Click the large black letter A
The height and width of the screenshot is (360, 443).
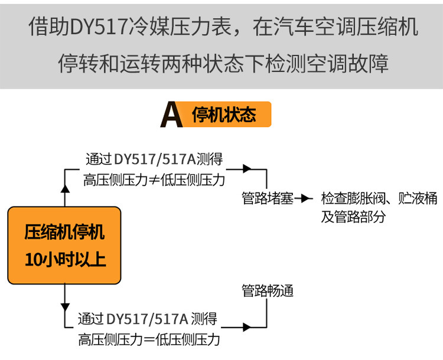coord(171,114)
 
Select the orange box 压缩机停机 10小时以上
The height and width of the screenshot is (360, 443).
coord(64,245)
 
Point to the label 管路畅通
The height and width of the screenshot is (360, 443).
coord(268,291)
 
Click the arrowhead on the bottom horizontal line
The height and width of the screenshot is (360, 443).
coord(246,326)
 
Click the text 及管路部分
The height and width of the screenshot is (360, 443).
coord(353,217)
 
